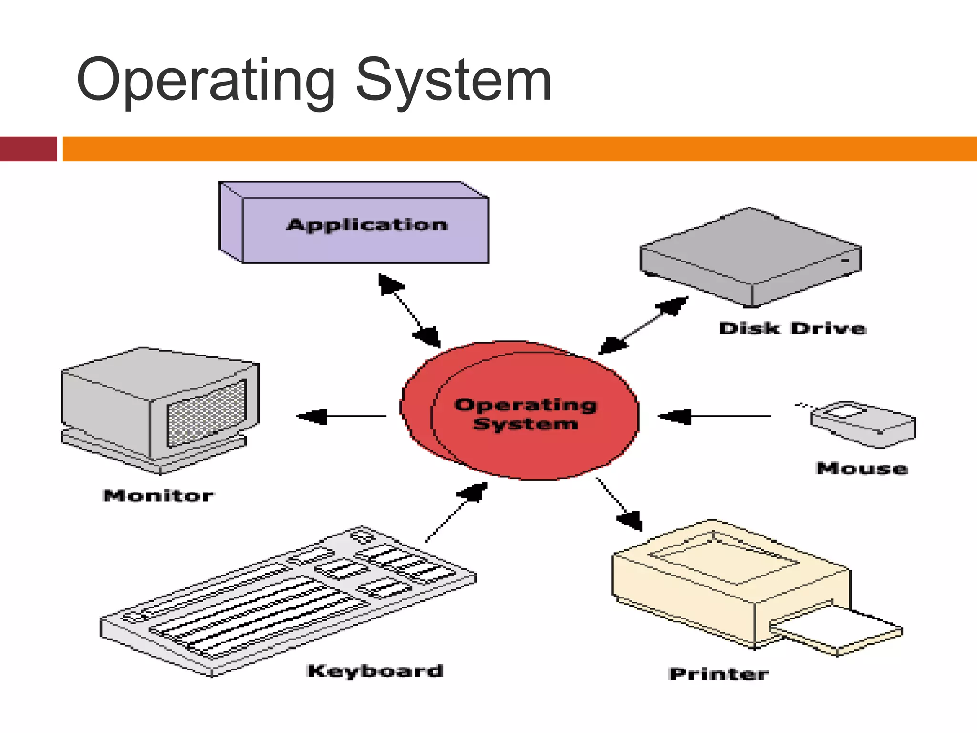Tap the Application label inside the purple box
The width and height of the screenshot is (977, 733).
367,225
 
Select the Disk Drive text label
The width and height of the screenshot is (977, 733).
792,328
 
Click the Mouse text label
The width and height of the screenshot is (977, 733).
862,468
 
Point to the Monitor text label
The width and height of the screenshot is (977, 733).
158,495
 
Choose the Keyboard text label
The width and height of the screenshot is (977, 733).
375,670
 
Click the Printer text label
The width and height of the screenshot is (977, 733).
718,674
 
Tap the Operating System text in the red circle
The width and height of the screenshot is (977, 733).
525,414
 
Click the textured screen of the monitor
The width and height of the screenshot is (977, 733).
207,413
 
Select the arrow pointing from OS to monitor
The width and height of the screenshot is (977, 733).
341,417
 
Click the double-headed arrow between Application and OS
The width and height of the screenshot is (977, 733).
409,310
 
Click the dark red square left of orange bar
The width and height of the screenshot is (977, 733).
28,149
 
